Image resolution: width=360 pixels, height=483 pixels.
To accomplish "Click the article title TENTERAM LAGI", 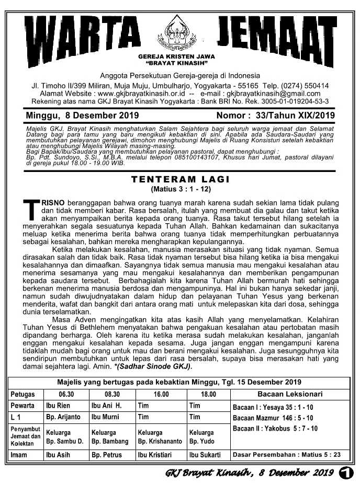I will [180, 179].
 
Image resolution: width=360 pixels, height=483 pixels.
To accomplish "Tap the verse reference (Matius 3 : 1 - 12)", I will [180, 188].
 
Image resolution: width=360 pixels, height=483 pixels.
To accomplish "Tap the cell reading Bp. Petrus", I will [107, 455].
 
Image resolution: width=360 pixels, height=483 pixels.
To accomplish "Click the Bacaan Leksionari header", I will [290, 394].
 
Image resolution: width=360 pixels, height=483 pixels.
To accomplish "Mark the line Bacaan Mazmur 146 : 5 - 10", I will [273, 418].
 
